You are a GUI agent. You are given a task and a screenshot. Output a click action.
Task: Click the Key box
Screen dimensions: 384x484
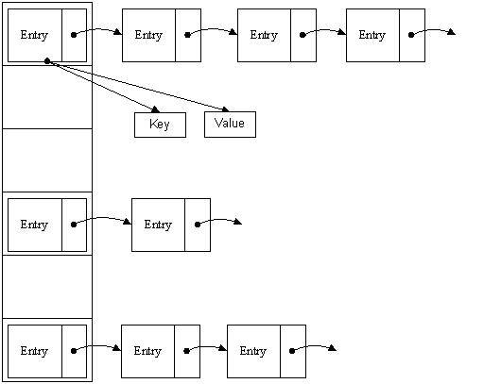[x=160, y=125]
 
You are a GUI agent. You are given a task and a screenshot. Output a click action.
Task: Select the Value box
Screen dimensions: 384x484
[x=230, y=125]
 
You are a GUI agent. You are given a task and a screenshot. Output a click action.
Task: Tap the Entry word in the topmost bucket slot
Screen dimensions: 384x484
[x=34, y=36]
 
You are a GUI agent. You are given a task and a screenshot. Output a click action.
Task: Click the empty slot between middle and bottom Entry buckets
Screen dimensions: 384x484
[x=47, y=286]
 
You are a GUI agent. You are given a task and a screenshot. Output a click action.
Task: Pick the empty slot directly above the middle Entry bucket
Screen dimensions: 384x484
[x=47, y=160]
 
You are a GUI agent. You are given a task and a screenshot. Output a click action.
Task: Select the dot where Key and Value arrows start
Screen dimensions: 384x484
[x=46, y=61]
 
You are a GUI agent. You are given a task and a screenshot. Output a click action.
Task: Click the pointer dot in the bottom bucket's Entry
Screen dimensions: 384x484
[x=74, y=351]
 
